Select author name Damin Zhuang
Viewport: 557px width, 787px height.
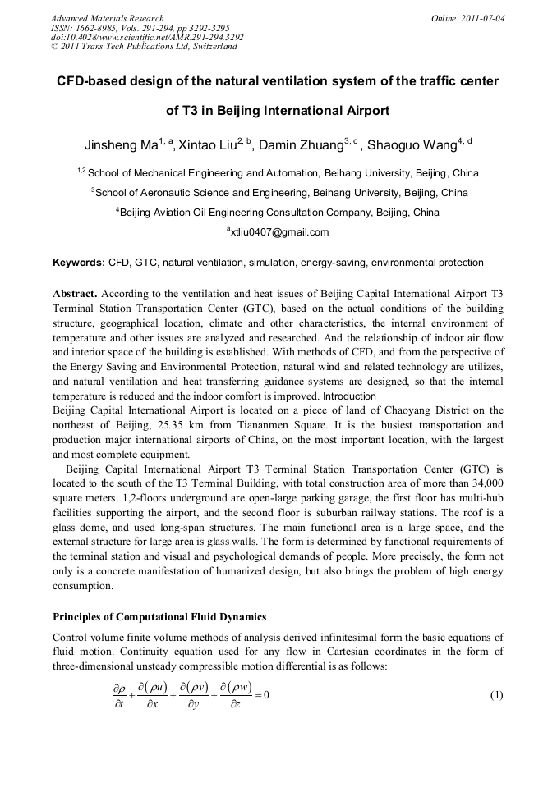tap(297, 146)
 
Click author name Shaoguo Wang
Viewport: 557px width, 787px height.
tap(404, 146)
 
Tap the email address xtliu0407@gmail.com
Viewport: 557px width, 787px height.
tap(279, 232)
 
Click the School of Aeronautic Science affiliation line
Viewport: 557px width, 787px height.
tap(279, 193)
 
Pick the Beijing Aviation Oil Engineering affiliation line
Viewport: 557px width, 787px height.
tap(279, 213)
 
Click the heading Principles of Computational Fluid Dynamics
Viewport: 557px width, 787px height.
tap(159, 616)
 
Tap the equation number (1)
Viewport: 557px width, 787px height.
tap(496, 695)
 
